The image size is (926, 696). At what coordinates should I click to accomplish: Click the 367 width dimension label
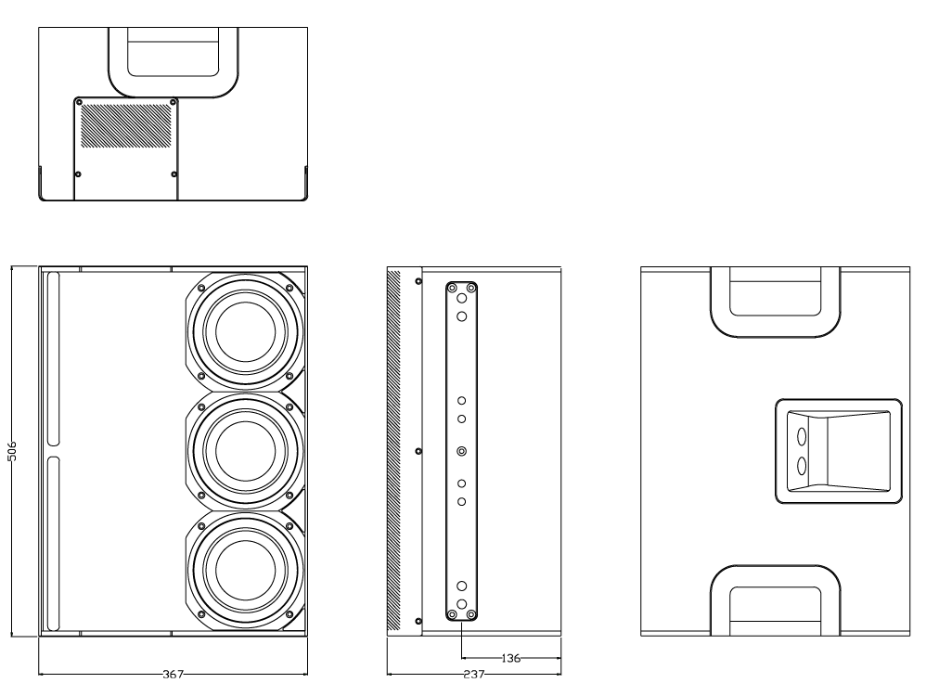(x=173, y=674)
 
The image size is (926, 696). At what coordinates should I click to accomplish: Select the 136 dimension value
(x=510, y=658)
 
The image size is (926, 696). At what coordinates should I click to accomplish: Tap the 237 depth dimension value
(x=473, y=674)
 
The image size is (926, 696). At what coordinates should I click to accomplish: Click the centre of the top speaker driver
(x=245, y=331)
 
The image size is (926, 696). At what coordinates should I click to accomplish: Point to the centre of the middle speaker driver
(x=245, y=451)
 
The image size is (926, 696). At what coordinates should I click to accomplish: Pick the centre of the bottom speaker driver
(x=245, y=570)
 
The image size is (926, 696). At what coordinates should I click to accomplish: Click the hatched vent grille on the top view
(x=125, y=126)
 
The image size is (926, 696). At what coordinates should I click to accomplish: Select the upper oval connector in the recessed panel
(x=802, y=437)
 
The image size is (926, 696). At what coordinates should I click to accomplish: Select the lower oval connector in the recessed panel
(x=802, y=466)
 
